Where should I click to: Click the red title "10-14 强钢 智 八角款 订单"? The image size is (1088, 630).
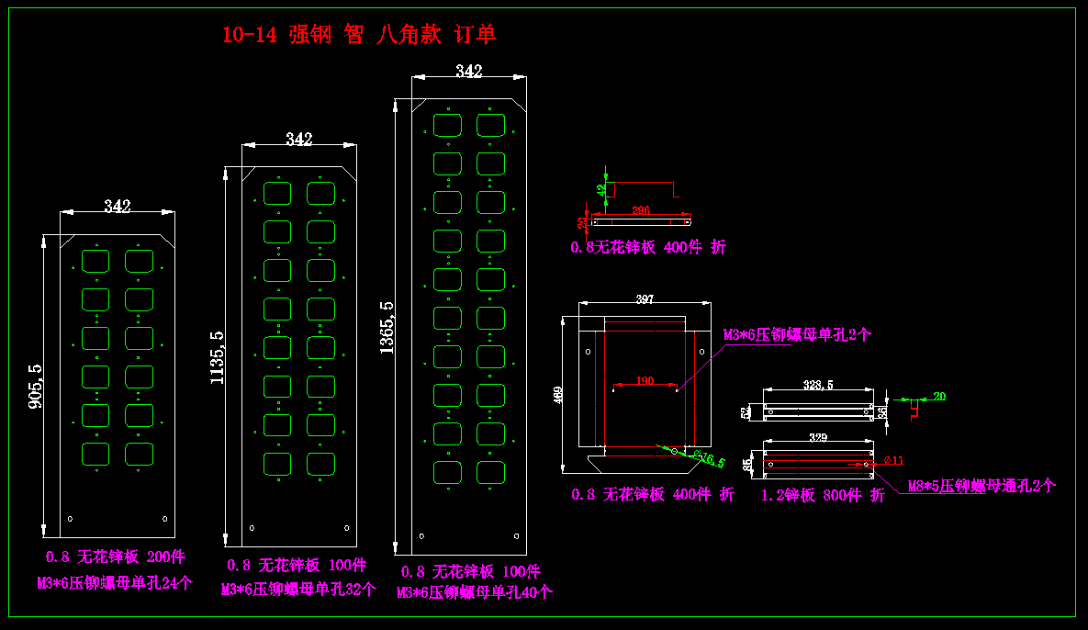(x=359, y=35)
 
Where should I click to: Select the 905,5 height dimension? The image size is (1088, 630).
(x=36, y=386)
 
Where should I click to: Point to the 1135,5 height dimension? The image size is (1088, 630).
(x=217, y=357)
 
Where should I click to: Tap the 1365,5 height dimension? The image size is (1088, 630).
(x=387, y=327)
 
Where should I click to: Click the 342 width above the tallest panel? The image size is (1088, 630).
(x=468, y=72)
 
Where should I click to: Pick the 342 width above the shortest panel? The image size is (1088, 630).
(x=117, y=206)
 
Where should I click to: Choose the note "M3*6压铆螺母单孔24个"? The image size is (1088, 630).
(x=114, y=582)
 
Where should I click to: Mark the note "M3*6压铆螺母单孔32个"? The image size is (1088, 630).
(x=298, y=590)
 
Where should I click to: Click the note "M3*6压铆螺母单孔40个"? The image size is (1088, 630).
(x=474, y=592)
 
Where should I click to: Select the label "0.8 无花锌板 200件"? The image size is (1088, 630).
(x=116, y=557)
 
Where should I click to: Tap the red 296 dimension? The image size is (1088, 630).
(x=641, y=210)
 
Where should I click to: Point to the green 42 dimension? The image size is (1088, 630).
(x=600, y=190)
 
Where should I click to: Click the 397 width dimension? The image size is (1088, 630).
(x=645, y=299)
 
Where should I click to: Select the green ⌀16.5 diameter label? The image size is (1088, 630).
(x=709, y=458)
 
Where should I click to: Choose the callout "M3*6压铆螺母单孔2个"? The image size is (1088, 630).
(x=797, y=335)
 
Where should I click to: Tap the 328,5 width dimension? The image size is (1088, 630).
(x=817, y=385)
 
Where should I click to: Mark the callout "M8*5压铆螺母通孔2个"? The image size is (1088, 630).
(x=981, y=486)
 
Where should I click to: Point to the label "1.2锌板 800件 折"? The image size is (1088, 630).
(x=823, y=496)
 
